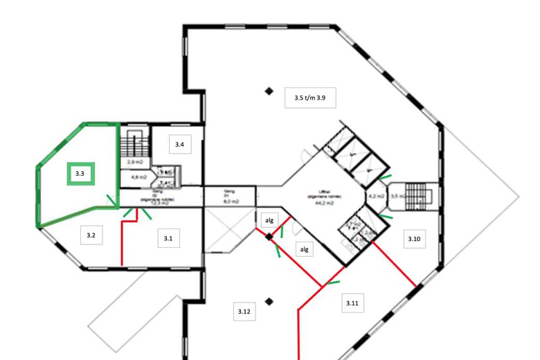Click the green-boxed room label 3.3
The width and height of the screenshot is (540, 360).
tap(80, 174)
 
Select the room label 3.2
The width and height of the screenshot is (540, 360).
tap(91, 236)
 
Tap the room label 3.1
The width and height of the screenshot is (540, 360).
tap(168, 238)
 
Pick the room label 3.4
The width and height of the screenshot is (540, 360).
tap(179, 144)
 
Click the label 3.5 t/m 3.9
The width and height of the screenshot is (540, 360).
tap(309, 98)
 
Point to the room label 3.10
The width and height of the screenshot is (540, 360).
tap(414, 239)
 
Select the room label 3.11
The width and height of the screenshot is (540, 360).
tap(353, 303)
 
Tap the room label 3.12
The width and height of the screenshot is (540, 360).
tap(243, 312)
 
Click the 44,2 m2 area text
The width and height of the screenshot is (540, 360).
tap(321, 203)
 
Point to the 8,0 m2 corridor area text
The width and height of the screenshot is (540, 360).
tap(230, 201)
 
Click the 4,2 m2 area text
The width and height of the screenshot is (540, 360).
tap(376, 196)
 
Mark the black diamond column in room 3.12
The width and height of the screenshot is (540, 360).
tap(270, 301)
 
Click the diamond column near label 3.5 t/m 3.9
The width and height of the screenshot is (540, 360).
tap(269, 90)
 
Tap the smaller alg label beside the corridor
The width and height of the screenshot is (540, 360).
tap(270, 219)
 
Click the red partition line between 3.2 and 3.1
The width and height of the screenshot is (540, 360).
tap(122, 242)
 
